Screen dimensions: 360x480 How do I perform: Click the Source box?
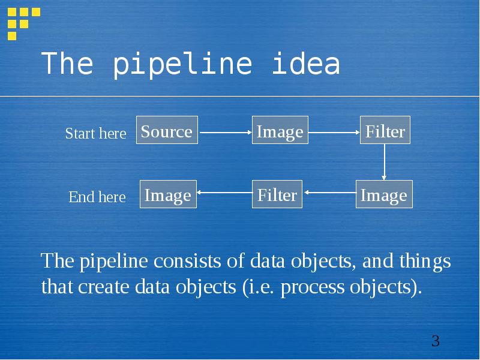point(167,130)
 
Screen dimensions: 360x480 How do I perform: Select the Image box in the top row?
point(280,131)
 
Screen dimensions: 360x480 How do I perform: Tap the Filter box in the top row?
point(385,131)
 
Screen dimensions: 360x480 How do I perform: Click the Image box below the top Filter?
point(384,194)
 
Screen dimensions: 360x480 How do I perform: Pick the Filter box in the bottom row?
point(277,194)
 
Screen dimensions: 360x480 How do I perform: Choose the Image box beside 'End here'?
point(168,194)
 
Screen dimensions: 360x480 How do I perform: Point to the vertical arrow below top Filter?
point(384,161)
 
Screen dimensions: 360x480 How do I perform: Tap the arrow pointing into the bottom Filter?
point(329,193)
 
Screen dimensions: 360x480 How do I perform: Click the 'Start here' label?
point(95,133)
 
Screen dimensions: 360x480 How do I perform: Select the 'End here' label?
point(97,197)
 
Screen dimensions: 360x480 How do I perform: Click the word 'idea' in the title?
point(306,64)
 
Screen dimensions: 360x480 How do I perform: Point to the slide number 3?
point(436,341)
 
